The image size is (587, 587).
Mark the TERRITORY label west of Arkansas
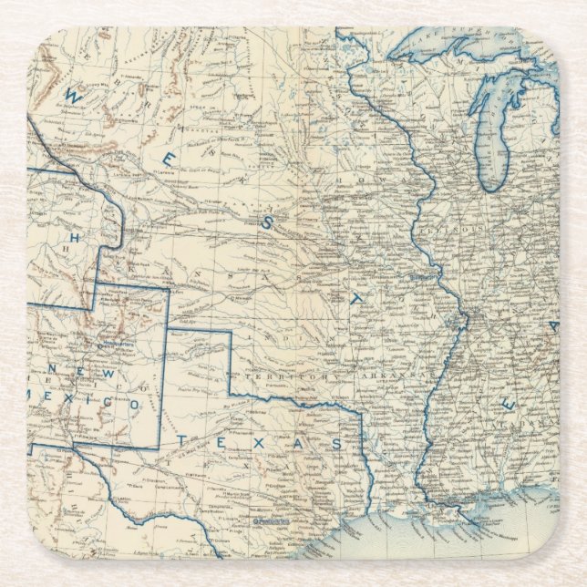tap(291, 376)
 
